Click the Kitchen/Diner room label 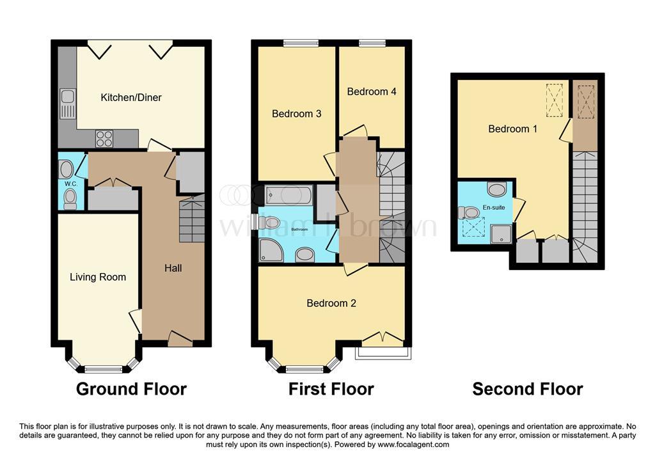(x=130, y=97)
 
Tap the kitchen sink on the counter (x=67, y=103)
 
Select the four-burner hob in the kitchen (x=104, y=139)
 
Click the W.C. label (x=71, y=184)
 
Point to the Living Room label (x=98, y=277)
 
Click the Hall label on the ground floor (x=173, y=268)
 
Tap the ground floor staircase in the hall (x=192, y=219)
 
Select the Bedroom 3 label (x=297, y=114)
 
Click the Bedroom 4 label (x=372, y=91)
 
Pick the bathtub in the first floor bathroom (x=288, y=194)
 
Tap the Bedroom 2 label (x=331, y=303)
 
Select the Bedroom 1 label (x=512, y=129)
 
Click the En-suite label (x=494, y=207)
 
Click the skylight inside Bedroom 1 (x=555, y=100)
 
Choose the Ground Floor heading (x=131, y=389)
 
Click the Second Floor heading (x=528, y=389)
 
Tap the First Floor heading (x=331, y=389)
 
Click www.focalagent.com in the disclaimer (x=414, y=445)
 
